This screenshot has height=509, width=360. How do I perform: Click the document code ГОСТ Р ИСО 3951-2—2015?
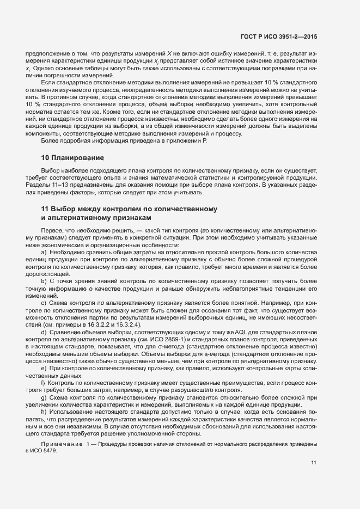(278, 36)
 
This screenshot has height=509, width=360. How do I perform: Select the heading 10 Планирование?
(72, 158)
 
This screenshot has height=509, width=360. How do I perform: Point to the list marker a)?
(44, 253)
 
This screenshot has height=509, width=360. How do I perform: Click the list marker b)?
(44, 281)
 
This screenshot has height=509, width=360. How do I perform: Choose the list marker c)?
(44, 302)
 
